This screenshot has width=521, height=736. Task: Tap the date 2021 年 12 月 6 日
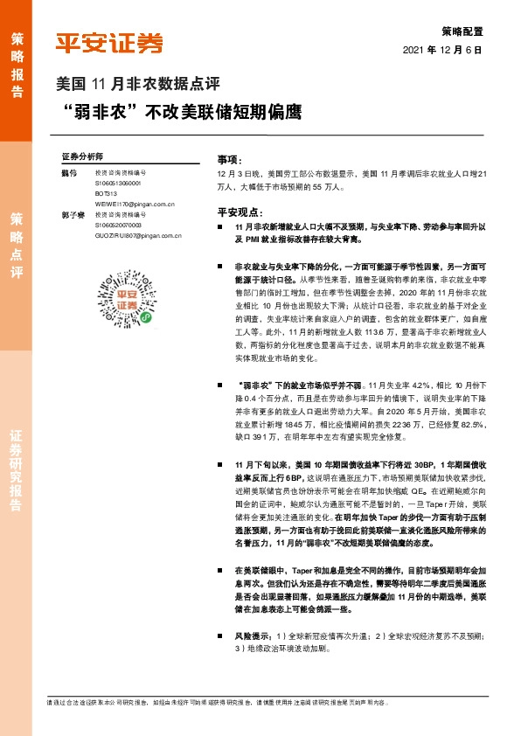442,51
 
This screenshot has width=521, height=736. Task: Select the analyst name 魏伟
70,175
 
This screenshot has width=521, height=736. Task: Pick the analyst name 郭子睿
72,214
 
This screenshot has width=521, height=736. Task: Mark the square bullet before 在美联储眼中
226,570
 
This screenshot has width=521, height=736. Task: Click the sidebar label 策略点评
17,243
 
